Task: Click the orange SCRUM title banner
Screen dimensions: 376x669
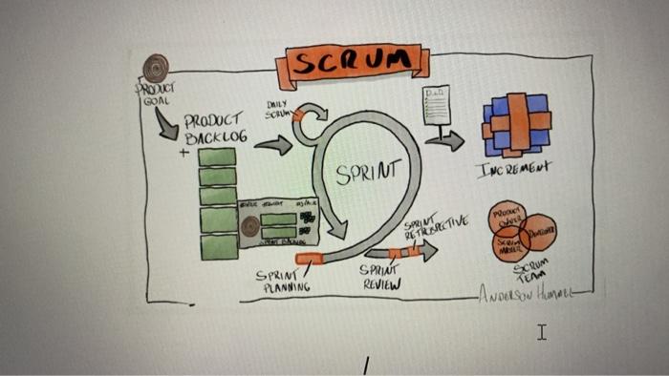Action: [x=352, y=64]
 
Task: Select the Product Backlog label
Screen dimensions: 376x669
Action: [x=215, y=129]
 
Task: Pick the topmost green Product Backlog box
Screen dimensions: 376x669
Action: [x=218, y=157]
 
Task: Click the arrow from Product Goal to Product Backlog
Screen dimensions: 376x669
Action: [x=166, y=122]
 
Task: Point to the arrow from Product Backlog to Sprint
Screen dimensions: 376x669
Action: [x=273, y=145]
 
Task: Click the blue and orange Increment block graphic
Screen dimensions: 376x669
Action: [x=516, y=124]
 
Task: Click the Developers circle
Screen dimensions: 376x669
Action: [x=537, y=232]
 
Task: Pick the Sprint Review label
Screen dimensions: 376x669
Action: [x=379, y=277]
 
